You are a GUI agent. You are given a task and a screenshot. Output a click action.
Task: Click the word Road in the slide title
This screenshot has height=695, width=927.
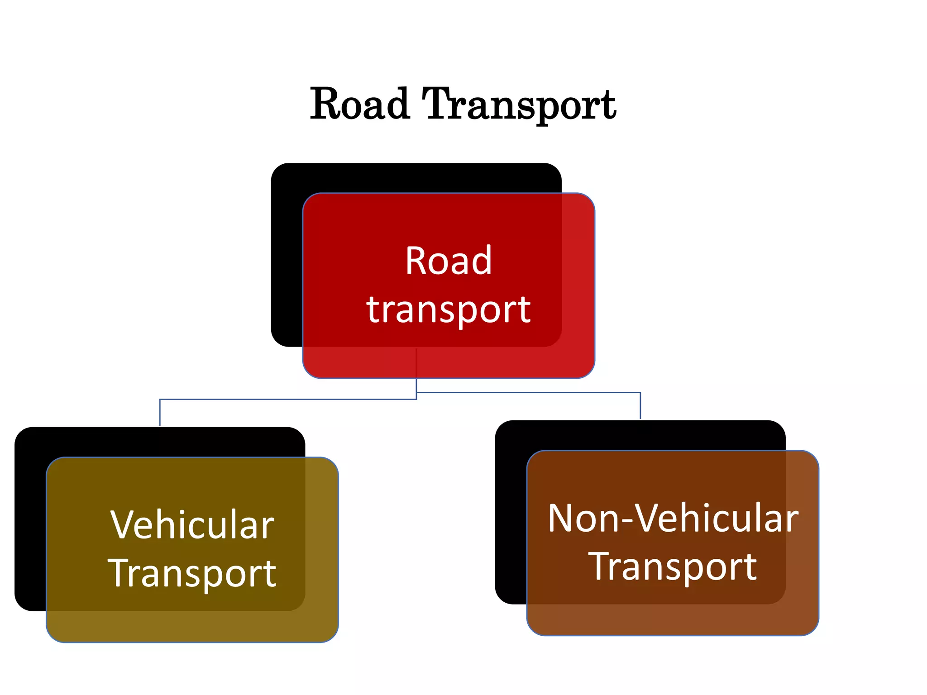pos(360,105)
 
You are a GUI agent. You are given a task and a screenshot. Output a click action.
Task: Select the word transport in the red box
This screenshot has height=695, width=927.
pos(448,310)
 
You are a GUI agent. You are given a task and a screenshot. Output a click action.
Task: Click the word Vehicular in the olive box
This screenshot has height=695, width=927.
pos(192,525)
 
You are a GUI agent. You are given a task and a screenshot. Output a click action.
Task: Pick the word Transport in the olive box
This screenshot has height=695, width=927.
pos(192,574)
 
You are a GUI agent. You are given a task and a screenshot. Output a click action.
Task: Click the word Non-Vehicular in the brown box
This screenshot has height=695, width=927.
pos(673,519)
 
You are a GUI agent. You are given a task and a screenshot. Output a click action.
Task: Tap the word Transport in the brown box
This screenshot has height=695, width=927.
pos(673,566)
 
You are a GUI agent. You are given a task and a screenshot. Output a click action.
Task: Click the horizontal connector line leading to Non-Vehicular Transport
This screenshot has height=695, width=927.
pos(530,392)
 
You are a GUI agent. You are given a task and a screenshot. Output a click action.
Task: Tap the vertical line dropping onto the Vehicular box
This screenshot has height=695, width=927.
pos(160,413)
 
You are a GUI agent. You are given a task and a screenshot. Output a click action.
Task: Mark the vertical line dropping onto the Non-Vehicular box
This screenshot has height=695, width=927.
pos(640,406)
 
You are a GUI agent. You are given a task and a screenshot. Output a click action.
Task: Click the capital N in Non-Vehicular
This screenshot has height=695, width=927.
pos(561,519)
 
